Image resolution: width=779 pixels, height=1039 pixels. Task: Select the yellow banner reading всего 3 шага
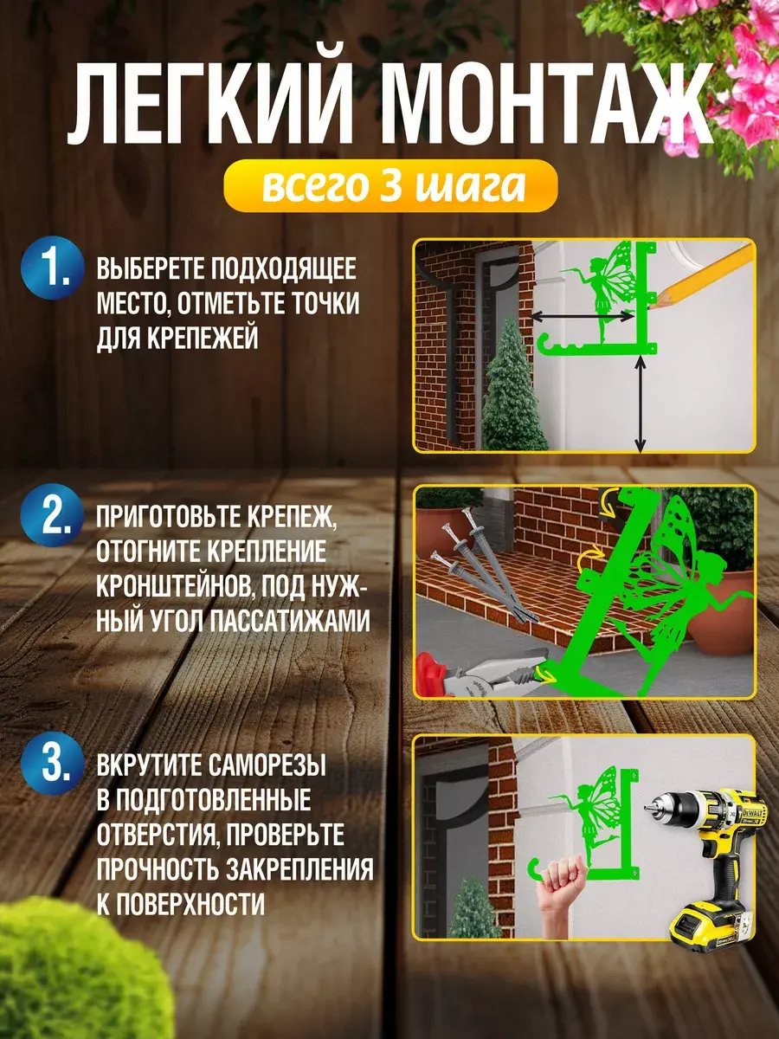tap(390, 185)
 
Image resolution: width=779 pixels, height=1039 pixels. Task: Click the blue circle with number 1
tap(53, 268)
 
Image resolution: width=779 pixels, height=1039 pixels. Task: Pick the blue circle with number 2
tap(53, 515)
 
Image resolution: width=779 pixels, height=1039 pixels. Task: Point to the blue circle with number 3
tap(53, 763)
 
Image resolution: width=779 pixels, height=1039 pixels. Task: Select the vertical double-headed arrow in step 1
tap(640, 403)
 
